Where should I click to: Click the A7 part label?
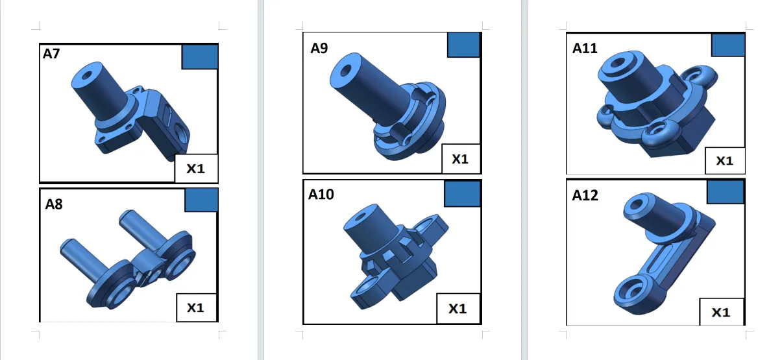pos(51,54)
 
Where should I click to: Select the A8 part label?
pos(54,204)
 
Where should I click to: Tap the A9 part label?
pos(319,48)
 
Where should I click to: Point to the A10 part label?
pos(321,195)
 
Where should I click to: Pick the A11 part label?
pos(585,48)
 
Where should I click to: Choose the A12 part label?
pos(585,195)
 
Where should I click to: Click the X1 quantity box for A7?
pos(196,169)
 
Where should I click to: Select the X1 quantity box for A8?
pos(196,307)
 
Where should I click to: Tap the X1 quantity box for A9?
pos(461,159)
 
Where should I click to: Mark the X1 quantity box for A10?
pos(458,309)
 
